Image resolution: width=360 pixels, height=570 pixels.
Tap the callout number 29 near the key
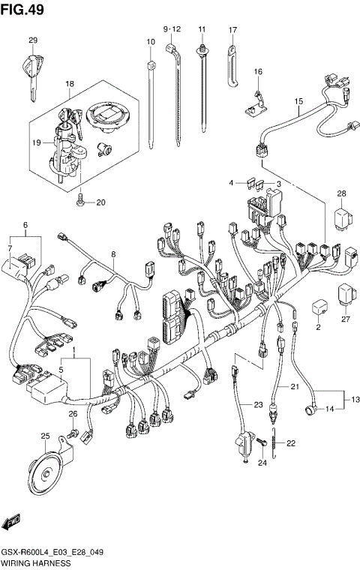(32, 40)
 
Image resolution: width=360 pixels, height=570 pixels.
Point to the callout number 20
(101, 202)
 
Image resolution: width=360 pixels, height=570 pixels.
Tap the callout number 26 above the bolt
(73, 414)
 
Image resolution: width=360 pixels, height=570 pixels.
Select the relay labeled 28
(341, 217)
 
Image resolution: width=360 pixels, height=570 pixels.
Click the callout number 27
(346, 319)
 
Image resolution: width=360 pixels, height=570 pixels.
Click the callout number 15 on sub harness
(298, 101)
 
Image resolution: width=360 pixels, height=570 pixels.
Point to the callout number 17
(232, 30)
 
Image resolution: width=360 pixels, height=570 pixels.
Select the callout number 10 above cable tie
(150, 41)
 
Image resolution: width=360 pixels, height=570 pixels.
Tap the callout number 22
(291, 443)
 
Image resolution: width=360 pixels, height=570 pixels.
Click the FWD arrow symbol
(13, 522)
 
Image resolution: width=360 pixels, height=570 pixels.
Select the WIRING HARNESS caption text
(36, 562)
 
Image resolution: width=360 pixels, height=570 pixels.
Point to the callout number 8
(113, 255)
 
